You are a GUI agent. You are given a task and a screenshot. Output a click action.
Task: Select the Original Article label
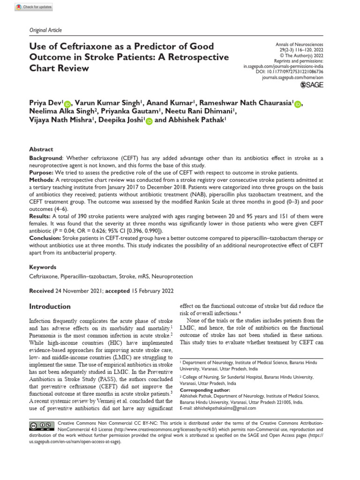45,30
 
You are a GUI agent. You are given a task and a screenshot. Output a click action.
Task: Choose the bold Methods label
42,180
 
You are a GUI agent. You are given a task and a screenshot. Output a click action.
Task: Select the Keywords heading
43,266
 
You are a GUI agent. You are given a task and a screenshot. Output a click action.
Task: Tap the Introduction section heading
50,307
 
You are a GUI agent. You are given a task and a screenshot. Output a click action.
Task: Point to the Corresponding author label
205,390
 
